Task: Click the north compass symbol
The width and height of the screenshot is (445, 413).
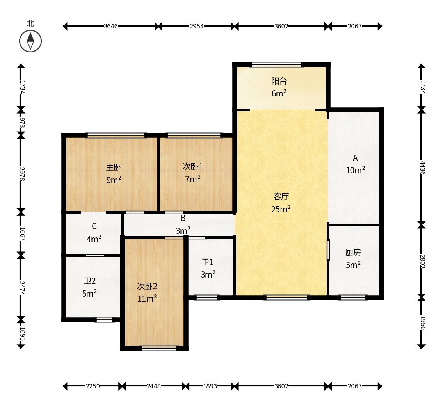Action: (x=30, y=41)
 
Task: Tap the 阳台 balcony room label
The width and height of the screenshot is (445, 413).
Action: (x=279, y=81)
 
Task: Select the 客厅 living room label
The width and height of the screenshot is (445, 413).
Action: (x=281, y=196)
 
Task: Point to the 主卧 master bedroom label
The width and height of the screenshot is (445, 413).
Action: (x=114, y=167)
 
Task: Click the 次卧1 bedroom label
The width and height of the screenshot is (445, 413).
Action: (x=193, y=166)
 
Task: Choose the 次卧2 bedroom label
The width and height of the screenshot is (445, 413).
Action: (x=147, y=286)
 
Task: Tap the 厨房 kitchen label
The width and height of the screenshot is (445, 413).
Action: (x=353, y=252)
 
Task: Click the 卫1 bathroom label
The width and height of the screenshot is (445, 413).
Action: (x=207, y=262)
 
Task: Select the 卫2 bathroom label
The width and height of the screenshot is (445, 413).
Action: (x=89, y=281)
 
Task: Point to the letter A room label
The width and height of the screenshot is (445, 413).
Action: (x=355, y=158)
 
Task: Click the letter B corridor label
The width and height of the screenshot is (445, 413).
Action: (x=183, y=218)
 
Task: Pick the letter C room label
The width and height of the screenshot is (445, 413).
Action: (x=94, y=226)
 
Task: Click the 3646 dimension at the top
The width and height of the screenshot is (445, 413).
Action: (x=111, y=26)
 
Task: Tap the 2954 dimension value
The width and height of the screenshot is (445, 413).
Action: (x=197, y=26)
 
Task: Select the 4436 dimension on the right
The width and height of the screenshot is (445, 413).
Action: (x=422, y=168)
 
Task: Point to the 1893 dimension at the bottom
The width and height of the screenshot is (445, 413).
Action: (x=210, y=386)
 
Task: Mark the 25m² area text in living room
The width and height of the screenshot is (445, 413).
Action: (x=281, y=209)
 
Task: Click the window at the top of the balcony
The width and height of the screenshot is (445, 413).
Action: (x=276, y=65)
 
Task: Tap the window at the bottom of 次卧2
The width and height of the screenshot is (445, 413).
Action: (x=159, y=348)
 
